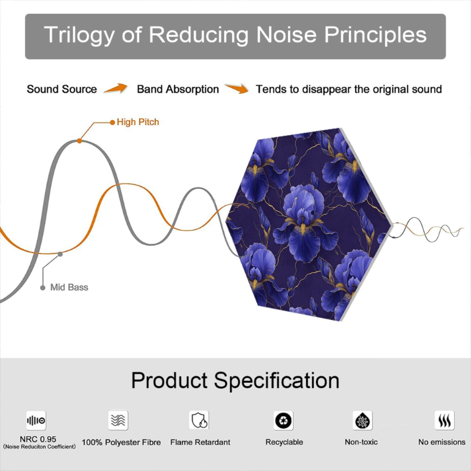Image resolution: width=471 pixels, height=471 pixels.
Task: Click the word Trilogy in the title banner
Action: coord(79,35)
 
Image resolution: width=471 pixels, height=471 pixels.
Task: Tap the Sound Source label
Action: coord(62,89)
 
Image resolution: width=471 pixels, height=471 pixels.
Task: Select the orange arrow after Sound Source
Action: coord(116,88)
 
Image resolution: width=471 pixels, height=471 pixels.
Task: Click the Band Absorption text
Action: coord(178,89)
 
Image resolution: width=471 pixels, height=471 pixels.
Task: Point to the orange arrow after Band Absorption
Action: coord(237,88)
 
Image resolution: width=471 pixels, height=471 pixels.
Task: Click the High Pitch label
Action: coord(138,122)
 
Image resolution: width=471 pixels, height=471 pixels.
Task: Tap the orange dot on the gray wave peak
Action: coord(79,141)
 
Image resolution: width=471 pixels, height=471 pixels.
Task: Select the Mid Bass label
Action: coord(69,287)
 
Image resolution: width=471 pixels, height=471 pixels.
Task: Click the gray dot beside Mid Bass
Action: coord(43,288)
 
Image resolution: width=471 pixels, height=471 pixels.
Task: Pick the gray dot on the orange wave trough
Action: coord(60,254)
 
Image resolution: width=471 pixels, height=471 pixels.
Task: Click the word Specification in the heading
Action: coord(277,381)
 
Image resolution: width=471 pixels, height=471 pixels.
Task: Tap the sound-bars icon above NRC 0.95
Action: coord(36,420)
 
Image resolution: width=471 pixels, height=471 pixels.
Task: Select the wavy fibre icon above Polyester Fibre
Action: coord(118,420)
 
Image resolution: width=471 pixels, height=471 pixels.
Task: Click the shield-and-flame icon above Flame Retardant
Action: coord(199,420)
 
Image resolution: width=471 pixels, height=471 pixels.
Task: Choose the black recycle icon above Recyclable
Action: coord(283,420)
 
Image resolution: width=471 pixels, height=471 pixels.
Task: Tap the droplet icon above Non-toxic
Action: coord(363,420)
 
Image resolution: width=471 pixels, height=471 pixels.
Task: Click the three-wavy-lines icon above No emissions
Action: coord(445,420)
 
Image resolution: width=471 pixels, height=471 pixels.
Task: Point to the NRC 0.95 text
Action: coord(38,439)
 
